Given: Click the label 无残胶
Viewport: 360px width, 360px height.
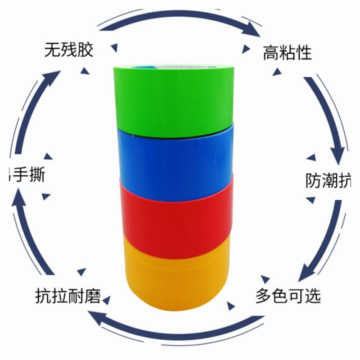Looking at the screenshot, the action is [68, 49].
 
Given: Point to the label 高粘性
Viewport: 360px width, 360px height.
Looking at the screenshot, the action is [287, 53].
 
